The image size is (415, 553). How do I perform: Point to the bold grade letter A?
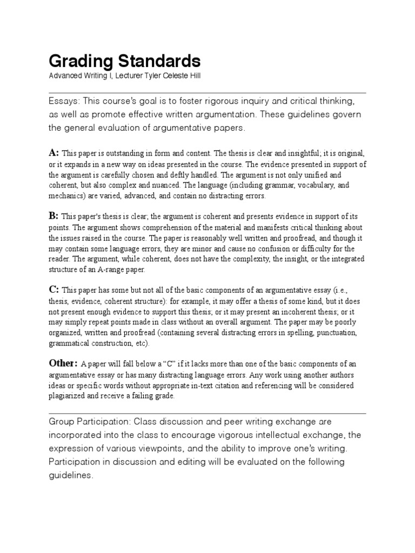coord(54,153)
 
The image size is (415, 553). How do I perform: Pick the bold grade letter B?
coord(54,216)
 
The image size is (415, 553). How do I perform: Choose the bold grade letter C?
coord(54,290)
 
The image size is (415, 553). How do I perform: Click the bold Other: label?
coord(63,363)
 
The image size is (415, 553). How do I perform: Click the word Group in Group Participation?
coord(61,421)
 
